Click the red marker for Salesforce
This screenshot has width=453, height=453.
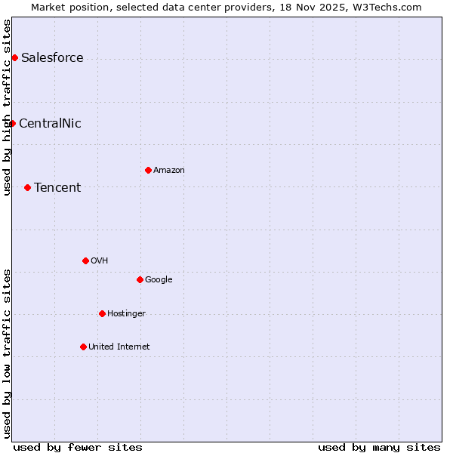click(x=14, y=57)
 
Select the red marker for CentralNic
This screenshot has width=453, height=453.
click(x=12, y=123)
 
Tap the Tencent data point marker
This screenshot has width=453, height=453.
click(x=27, y=187)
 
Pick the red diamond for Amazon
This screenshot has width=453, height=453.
click(x=148, y=170)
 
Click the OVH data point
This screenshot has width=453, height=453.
click(x=85, y=260)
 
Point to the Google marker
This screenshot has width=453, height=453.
click(x=140, y=279)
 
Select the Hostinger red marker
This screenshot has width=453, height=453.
click(x=102, y=313)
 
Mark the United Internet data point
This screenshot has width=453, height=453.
click(x=83, y=347)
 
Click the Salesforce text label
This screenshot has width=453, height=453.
click(x=52, y=58)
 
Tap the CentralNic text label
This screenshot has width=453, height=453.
click(x=50, y=124)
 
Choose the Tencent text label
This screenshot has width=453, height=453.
click(x=57, y=188)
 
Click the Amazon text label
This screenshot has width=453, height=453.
click(x=169, y=171)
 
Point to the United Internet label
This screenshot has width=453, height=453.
click(x=119, y=347)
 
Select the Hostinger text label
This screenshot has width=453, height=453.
click(x=126, y=314)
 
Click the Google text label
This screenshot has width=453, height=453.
click(x=159, y=280)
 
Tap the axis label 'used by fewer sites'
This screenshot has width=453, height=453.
click(x=78, y=447)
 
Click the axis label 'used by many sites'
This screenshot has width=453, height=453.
click(x=379, y=447)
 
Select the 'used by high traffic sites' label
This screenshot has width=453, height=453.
click(x=8, y=107)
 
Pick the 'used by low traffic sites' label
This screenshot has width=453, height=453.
click(x=8, y=353)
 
